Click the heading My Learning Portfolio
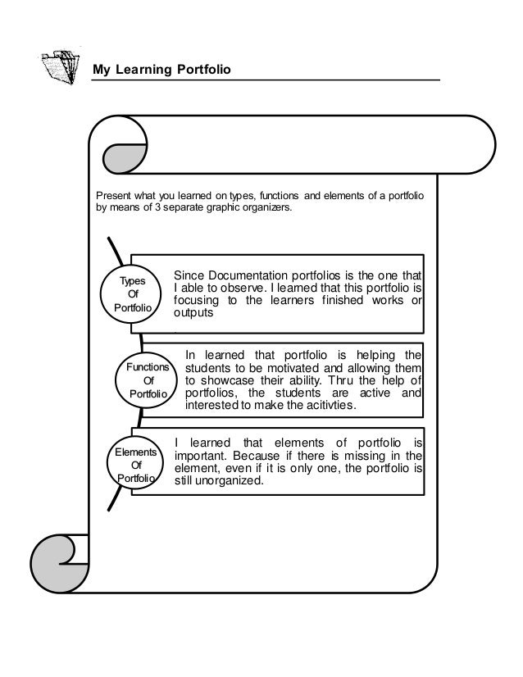point(162,71)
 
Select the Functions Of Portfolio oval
point(148,381)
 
